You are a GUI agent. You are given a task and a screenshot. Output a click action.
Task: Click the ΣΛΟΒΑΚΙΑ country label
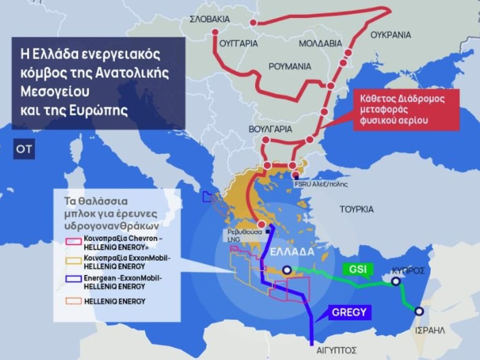pos(210,19)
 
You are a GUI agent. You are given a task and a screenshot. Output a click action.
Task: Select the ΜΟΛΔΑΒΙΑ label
pos(320,43)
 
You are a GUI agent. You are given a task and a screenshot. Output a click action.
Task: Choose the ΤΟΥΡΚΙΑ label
pos(356,209)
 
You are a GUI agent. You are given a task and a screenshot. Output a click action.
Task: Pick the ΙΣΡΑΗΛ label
pos(430,330)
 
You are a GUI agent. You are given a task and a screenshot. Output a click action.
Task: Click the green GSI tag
pos(357,269)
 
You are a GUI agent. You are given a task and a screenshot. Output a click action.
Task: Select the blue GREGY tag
pos(349,312)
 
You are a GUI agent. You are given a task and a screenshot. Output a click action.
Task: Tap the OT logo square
pos(24,149)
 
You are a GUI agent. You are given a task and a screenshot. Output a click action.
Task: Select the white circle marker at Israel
pos(419,311)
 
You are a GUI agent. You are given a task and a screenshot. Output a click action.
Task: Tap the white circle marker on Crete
pos(286,270)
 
